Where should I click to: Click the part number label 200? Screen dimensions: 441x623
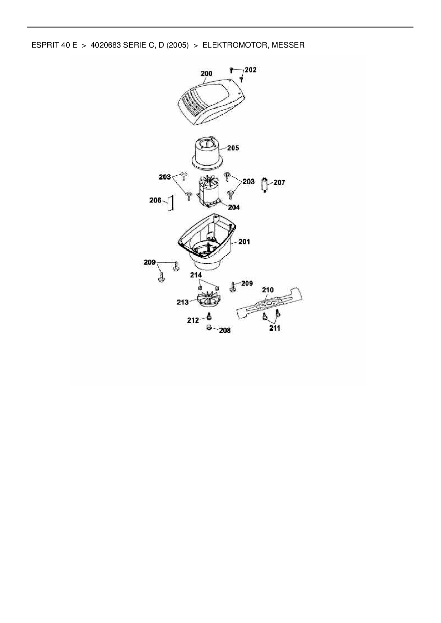pos(207,74)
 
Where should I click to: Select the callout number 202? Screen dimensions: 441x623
pos(250,70)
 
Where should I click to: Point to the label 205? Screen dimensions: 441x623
pos(233,148)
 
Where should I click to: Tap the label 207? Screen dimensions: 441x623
pos(279,182)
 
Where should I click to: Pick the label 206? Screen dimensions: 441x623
pos(155,200)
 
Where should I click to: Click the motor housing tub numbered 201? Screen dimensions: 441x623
pos(206,242)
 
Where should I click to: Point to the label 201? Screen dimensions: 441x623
pos(244,242)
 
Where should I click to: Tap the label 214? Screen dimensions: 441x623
pos(196,275)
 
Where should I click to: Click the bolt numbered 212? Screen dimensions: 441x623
pos(209,316)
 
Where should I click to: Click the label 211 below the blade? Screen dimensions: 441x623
pos(275,328)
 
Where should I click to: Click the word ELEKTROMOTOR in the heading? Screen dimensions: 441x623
pos(234,45)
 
